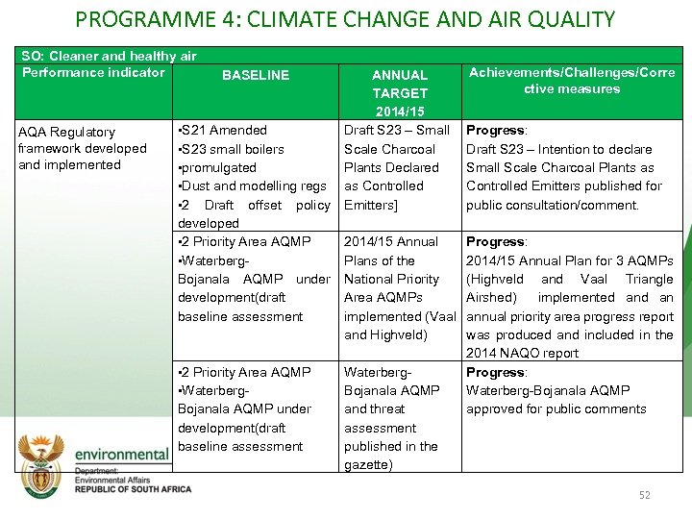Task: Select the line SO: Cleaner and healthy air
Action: [x=109, y=57]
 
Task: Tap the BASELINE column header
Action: [x=256, y=75]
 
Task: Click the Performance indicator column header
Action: [x=93, y=73]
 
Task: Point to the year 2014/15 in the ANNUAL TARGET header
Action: [x=400, y=111]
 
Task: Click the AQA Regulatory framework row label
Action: [x=82, y=148]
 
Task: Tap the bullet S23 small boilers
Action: [x=232, y=149]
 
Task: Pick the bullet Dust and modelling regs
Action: [x=252, y=185]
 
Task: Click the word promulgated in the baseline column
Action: [x=220, y=167]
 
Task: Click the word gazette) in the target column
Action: [x=368, y=465]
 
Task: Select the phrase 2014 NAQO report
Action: [x=522, y=354]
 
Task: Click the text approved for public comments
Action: [x=556, y=409]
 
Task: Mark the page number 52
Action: [x=645, y=495]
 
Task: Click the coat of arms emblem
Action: [x=42, y=460]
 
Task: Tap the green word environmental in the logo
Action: [x=121, y=454]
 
